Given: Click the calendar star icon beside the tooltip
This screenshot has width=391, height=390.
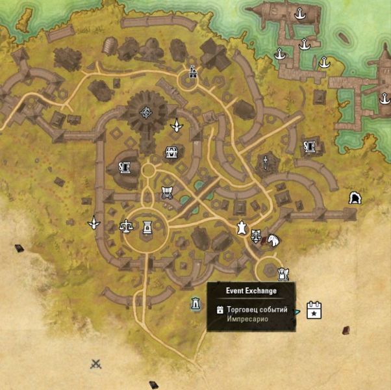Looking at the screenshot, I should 314,310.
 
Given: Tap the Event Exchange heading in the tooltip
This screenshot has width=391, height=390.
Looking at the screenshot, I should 251,291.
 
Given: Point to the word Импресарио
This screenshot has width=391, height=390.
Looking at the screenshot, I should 248,319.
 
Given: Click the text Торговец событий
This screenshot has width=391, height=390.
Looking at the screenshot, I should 257,309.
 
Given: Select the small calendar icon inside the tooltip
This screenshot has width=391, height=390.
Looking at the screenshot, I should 220,310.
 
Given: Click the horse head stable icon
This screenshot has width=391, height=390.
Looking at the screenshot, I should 273,240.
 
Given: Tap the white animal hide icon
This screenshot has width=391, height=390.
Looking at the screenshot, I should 241,228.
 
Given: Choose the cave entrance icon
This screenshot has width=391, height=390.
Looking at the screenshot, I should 355,197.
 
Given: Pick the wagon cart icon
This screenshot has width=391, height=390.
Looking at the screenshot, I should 167,193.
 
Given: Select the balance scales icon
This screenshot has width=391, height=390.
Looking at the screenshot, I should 125,226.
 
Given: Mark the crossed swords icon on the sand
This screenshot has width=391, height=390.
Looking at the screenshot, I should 96,364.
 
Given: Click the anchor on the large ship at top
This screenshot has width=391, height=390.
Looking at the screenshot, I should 300,13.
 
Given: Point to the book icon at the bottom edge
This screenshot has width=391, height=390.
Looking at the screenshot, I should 154,384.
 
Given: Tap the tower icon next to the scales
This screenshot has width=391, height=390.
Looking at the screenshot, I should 147,227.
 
